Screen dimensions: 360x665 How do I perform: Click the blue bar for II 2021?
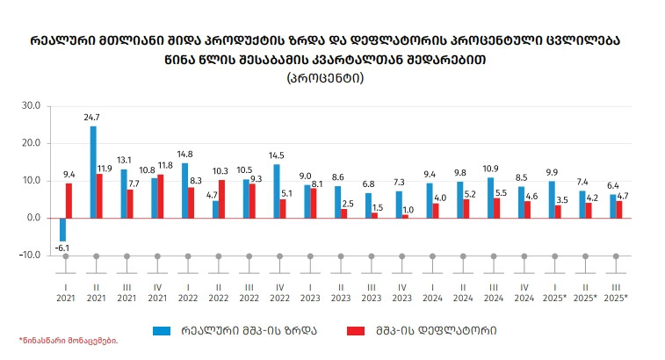coord(93,171)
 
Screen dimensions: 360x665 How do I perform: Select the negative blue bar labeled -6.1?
coord(62,229)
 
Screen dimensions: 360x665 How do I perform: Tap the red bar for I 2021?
coord(69,200)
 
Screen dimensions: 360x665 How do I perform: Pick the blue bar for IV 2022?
coord(277,191)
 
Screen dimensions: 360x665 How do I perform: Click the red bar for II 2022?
coord(222,198)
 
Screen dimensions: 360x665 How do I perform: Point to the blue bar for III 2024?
coord(490,198)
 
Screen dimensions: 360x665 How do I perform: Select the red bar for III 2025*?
coord(619,209)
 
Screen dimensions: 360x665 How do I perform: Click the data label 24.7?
coord(92,118)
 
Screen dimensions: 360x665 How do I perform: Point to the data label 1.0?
coord(407,209)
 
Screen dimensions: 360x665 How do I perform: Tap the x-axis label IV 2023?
coord(401,292)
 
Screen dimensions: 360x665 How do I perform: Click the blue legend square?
coord(161,330)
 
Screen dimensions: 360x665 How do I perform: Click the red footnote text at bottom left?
coord(68,340)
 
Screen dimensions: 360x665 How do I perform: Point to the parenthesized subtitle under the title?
coord(325,77)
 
